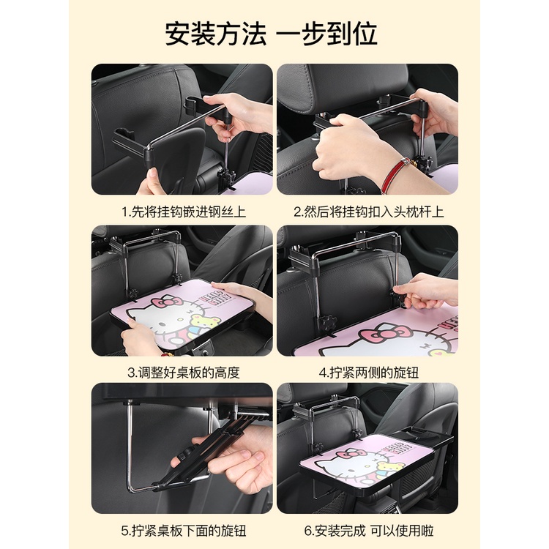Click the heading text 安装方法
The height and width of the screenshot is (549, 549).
coord(216,34)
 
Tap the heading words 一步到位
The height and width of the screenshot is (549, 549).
coord(326,34)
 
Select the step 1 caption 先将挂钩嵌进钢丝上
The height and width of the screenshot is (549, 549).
coord(189,212)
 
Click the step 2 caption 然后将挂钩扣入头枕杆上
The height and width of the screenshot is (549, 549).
coord(373,212)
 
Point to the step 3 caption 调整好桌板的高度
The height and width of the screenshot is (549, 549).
coord(189,373)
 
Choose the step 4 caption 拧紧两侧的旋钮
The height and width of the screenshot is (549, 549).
coord(374,373)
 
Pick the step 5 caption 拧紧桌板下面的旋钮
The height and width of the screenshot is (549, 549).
coord(189,531)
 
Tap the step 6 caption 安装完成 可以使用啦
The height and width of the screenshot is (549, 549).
coord(374,531)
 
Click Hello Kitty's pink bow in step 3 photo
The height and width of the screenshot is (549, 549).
coord(167,302)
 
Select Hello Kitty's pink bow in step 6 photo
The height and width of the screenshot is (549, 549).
coord(347,454)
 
